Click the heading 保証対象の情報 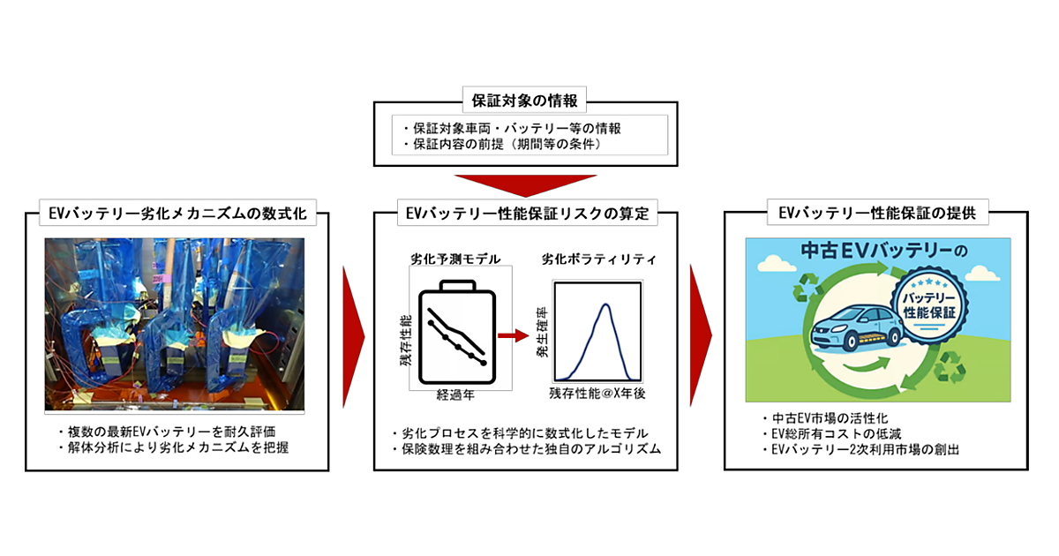coord(524,101)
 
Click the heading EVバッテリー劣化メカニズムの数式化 coord(177,214)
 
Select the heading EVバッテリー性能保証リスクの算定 coord(527,214)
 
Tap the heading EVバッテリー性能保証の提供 coord(877,213)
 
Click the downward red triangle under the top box coord(525,184)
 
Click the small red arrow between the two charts coord(513,335)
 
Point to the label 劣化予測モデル coord(455,259)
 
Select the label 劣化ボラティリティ coord(598,259)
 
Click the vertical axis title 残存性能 coord(406,341)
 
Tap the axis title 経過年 coord(455,394)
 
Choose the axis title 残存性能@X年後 coord(597,394)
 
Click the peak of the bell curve coord(605,304)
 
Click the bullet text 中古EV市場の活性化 coord(830,418)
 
